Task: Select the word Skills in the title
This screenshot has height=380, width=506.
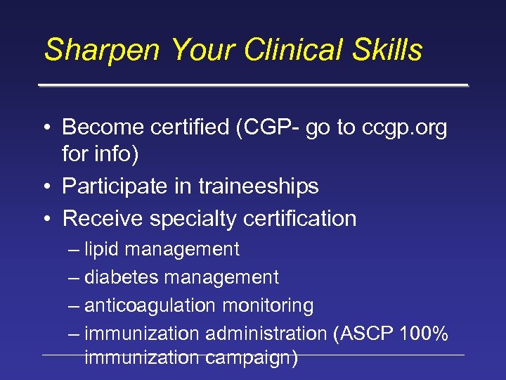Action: click(x=389, y=51)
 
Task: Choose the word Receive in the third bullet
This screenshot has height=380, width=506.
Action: click(x=103, y=219)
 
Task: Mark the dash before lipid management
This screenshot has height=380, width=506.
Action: click(x=74, y=249)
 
